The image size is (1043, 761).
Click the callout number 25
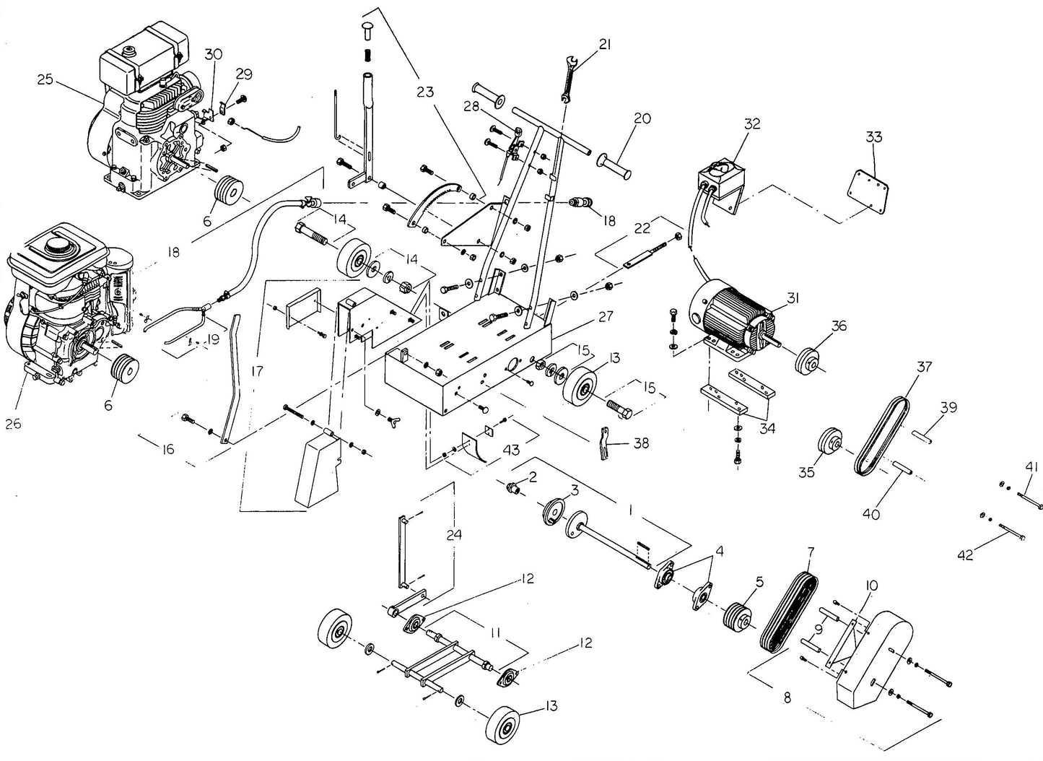coord(45,79)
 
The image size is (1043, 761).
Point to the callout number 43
coord(510,449)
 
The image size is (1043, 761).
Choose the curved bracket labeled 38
coord(603,443)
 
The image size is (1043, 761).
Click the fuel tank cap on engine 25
coord(131,52)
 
